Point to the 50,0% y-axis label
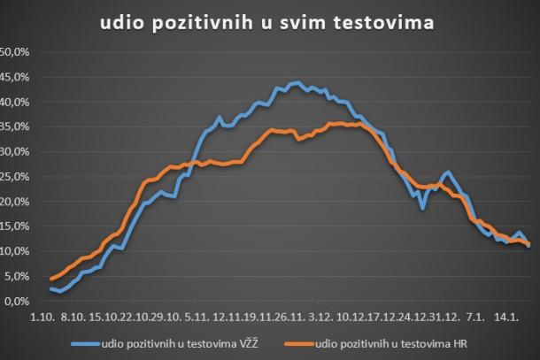15,52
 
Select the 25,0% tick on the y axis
15,176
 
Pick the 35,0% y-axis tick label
15,126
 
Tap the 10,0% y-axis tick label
15,251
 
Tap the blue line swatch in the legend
88,344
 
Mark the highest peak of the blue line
297,82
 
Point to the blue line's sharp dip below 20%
423,208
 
